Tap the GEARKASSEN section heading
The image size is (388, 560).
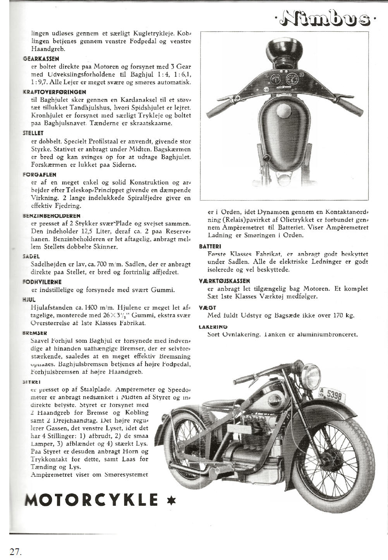point(41,59)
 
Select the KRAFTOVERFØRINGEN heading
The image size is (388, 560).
point(54,92)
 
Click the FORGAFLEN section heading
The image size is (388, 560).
point(39,175)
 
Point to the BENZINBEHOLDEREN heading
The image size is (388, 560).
point(52,216)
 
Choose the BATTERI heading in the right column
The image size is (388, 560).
point(210,246)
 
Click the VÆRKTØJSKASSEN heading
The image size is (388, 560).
point(224,281)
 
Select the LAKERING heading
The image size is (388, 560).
point(213,327)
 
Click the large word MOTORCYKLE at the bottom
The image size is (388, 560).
point(91,500)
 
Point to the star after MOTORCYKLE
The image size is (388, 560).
point(171,500)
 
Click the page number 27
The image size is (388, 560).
point(15,551)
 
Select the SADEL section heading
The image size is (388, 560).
point(32,256)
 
